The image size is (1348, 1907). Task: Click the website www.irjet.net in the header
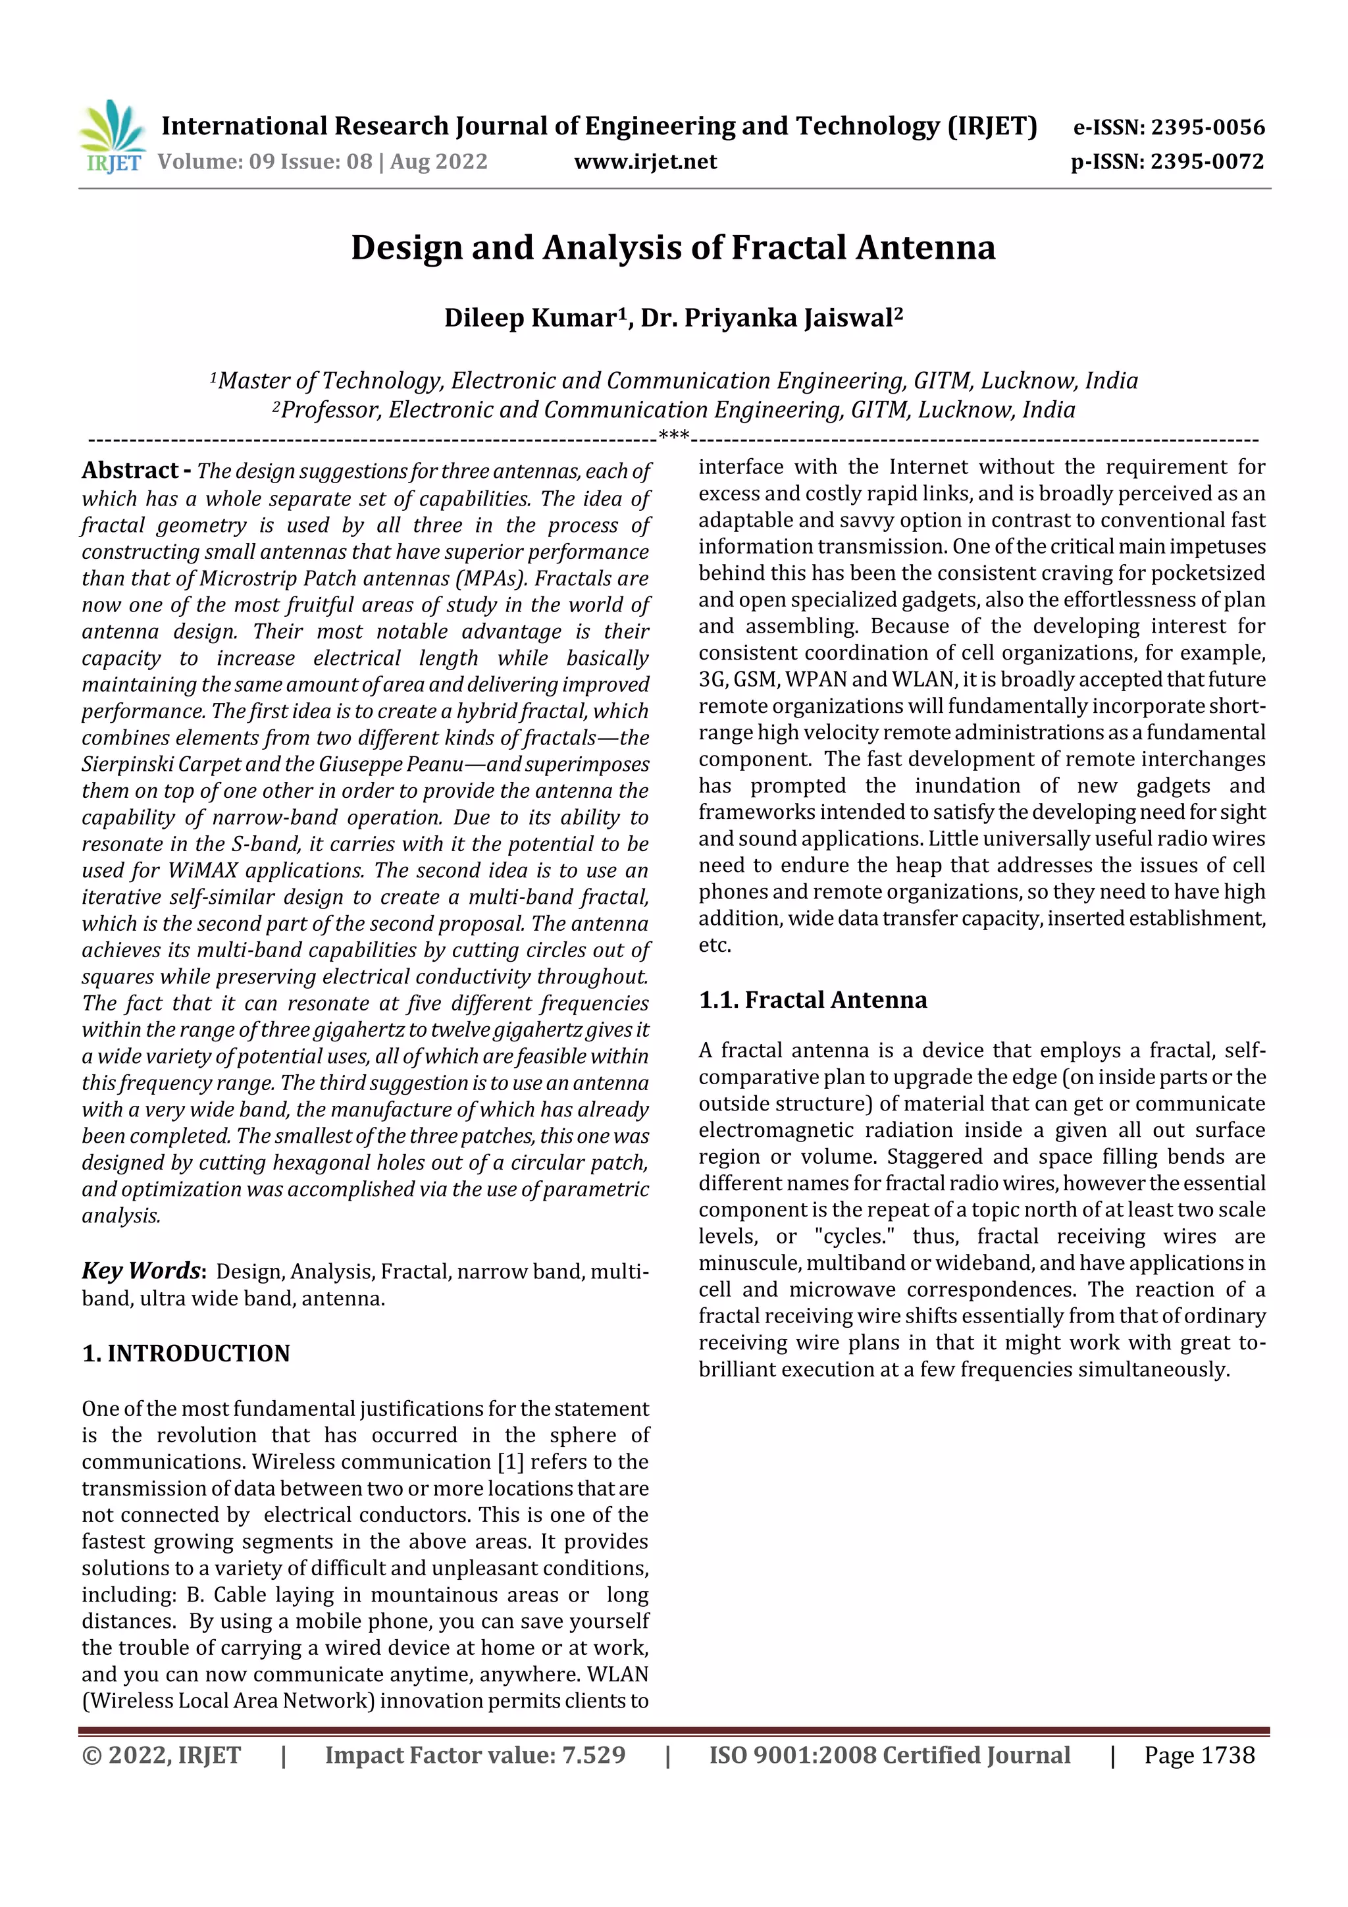[644, 161]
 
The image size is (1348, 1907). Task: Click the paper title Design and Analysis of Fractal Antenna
[673, 248]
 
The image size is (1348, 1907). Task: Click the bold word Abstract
[130, 471]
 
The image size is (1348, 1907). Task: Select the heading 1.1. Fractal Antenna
[812, 999]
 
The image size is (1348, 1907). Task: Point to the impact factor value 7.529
[593, 1755]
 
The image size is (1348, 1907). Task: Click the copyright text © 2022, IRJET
[161, 1755]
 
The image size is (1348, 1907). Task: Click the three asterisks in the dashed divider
[673, 435]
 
